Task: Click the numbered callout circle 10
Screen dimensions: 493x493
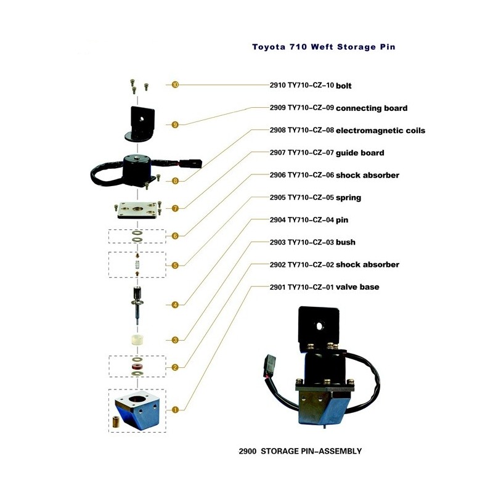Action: tap(175, 85)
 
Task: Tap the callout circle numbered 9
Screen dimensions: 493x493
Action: tap(175, 124)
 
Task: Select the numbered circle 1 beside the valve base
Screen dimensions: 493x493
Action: tap(175, 409)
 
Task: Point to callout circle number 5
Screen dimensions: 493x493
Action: tap(175, 266)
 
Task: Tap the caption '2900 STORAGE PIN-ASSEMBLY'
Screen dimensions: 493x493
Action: tap(299, 451)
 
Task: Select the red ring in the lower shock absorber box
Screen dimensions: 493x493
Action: tap(136, 369)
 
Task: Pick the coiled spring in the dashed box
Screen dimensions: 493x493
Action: tap(137, 264)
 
